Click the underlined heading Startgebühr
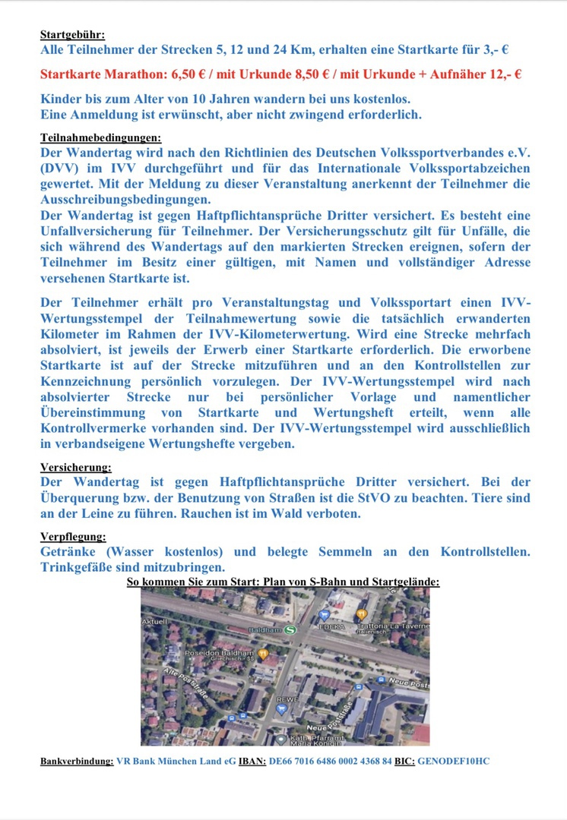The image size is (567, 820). (x=72, y=34)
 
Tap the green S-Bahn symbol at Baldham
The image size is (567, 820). (x=292, y=629)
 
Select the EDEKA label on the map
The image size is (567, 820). (x=332, y=627)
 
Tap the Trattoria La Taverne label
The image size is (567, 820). (x=400, y=626)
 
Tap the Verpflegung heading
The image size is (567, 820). (x=73, y=537)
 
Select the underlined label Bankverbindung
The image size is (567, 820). (x=77, y=760)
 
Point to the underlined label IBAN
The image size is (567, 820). (x=252, y=760)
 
